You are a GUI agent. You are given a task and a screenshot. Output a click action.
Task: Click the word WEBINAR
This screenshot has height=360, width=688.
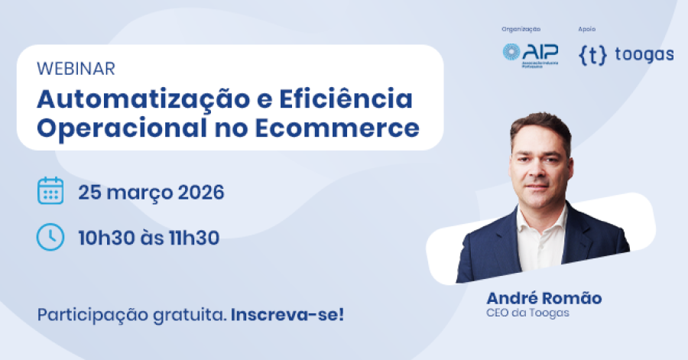click(x=76, y=69)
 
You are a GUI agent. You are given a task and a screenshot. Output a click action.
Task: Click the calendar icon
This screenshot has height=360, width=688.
click(x=50, y=190)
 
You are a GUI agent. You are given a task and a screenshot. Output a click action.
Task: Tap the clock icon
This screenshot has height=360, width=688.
click(x=50, y=237)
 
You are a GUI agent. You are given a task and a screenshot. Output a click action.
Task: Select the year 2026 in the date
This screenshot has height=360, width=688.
click(x=201, y=191)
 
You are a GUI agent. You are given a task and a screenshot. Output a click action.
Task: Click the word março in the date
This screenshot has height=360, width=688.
click(x=141, y=192)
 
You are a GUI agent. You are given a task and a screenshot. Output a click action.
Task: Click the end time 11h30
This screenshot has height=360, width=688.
click(x=196, y=238)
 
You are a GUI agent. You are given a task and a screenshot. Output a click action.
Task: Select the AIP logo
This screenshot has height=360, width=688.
click(x=530, y=53)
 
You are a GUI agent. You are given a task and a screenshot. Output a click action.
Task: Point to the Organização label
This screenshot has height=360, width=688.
click(x=521, y=29)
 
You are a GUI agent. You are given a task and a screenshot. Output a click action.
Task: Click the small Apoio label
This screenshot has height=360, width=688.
click(x=586, y=29)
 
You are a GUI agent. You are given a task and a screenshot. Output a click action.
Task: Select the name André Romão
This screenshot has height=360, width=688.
click(x=544, y=297)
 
